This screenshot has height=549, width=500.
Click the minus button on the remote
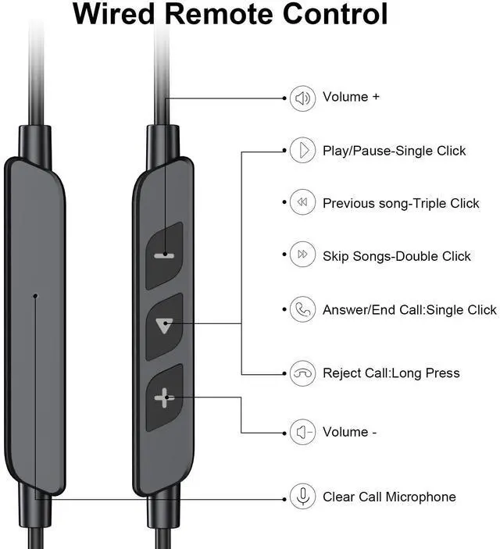pyautogui.click(x=164, y=255)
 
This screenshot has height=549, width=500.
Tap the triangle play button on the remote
pyautogui.click(x=164, y=326)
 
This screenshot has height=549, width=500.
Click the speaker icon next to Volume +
pyautogui.click(x=302, y=98)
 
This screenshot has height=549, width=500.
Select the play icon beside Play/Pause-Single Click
pyautogui.click(x=302, y=150)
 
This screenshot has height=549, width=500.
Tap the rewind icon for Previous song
pyautogui.click(x=302, y=202)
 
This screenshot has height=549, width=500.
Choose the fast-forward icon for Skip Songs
pyautogui.click(x=302, y=254)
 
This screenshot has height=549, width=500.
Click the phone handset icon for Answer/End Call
pyautogui.click(x=302, y=309)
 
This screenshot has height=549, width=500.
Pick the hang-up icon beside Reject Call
pyautogui.click(x=302, y=373)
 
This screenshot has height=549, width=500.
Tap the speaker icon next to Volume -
pyautogui.click(x=302, y=432)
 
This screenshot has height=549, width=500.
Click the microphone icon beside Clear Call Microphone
pyautogui.click(x=302, y=496)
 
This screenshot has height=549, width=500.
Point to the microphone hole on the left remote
pyautogui.click(x=35, y=296)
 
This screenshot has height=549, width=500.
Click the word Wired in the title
pyautogui.click(x=114, y=14)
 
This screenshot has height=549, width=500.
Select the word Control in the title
pyautogui.click(x=335, y=14)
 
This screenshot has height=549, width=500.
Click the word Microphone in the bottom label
pyautogui.click(x=420, y=497)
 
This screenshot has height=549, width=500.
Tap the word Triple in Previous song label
pyautogui.click(x=429, y=204)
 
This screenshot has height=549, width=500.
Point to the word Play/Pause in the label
pyautogui.click(x=357, y=151)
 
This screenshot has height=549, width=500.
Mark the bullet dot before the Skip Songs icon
pyautogui.click(x=284, y=254)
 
